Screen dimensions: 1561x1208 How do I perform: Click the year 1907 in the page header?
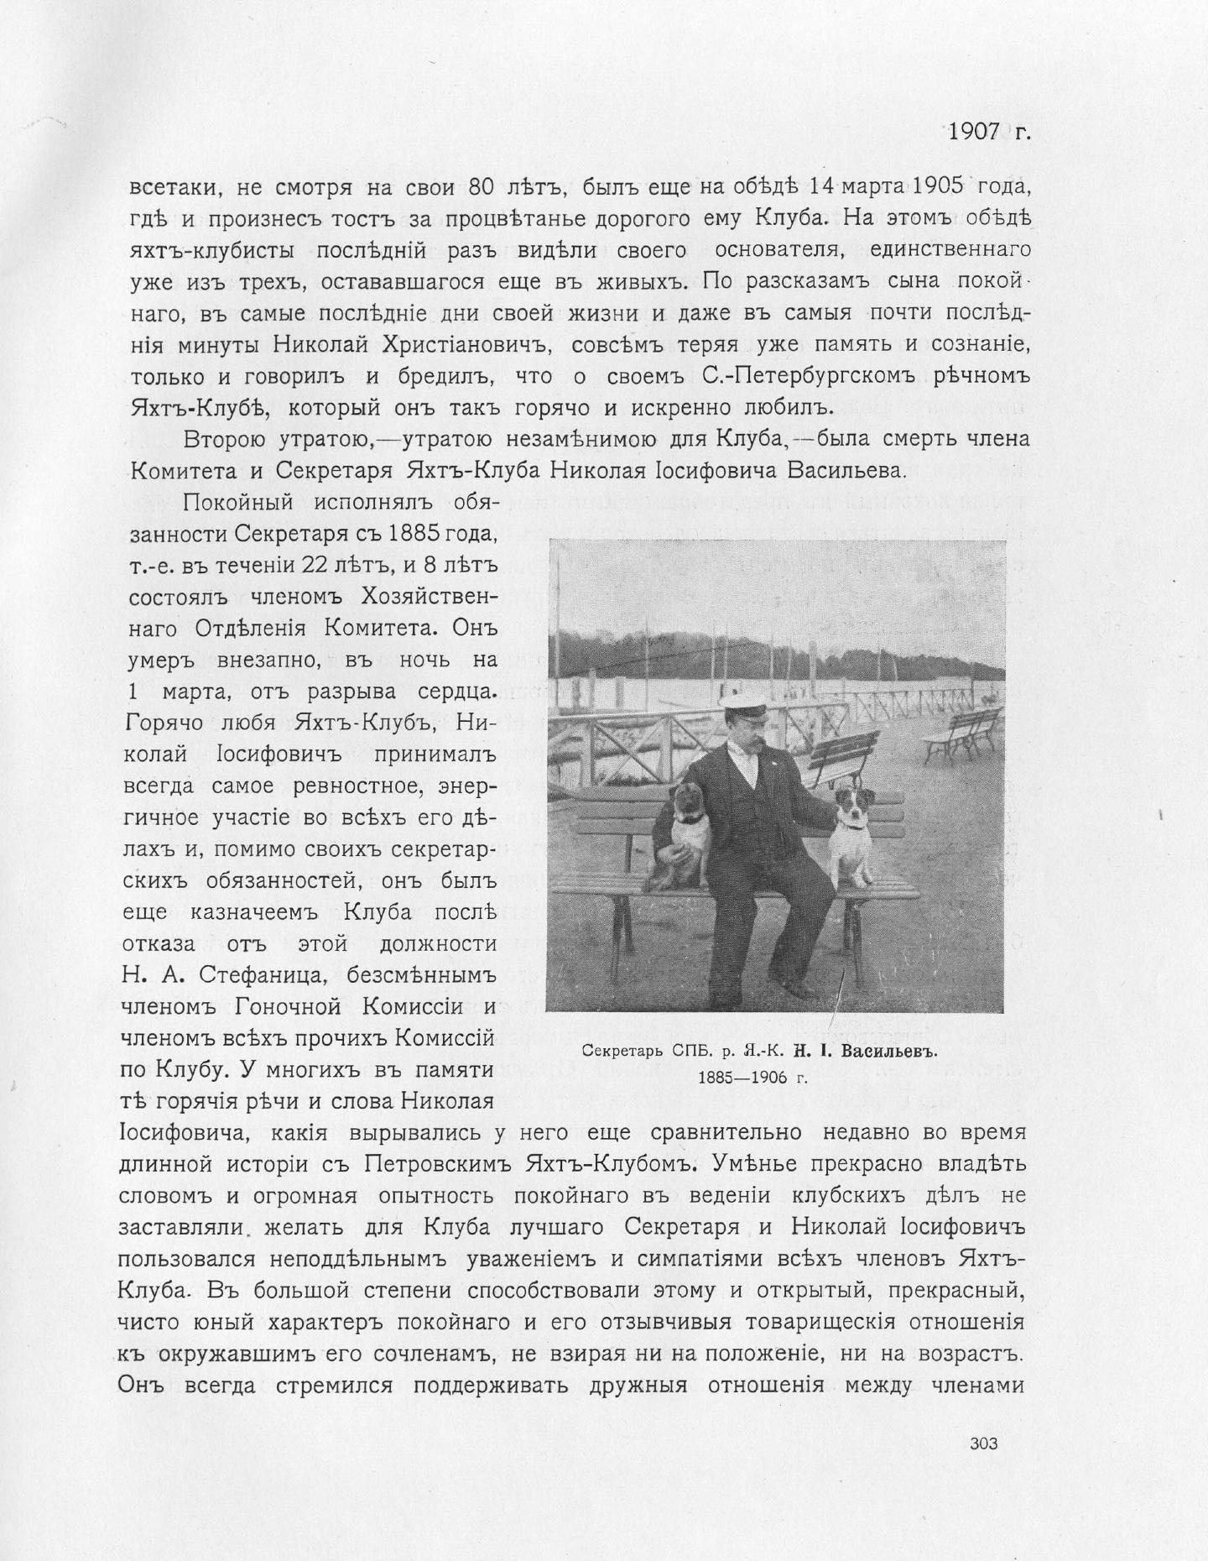(974, 131)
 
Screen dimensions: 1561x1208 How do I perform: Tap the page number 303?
(983, 1444)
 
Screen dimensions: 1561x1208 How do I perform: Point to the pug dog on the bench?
(681, 835)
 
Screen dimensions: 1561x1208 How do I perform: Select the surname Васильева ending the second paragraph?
(844, 470)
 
